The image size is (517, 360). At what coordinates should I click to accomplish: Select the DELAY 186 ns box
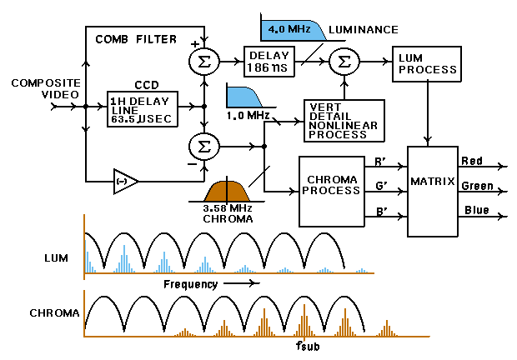pos(269,61)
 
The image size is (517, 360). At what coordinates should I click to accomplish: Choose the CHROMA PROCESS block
pos(333,189)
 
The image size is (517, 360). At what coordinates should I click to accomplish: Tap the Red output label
pos(470,160)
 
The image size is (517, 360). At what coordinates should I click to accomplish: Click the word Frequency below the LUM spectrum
pos(190,284)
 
